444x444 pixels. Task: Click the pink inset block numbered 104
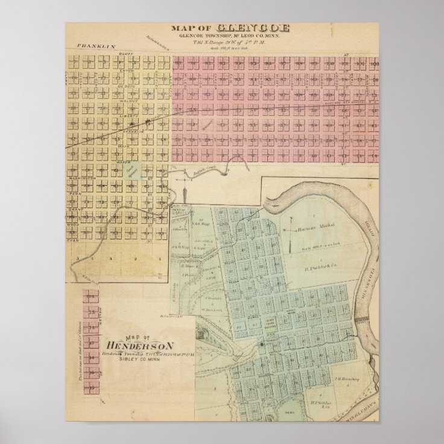pyautogui.click(x=92, y=296)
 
